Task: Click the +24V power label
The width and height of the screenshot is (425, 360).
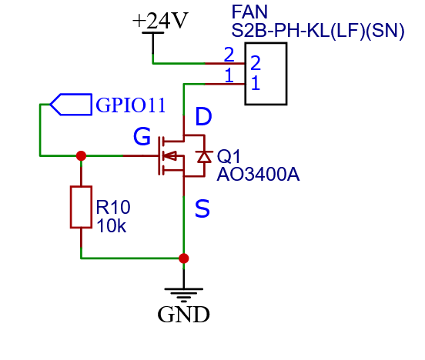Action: click(160, 21)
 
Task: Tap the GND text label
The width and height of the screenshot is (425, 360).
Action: click(183, 314)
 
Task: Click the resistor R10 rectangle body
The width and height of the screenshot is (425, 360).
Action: click(81, 207)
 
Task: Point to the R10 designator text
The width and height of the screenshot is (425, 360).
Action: click(113, 207)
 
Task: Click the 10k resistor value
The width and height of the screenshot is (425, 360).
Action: click(111, 226)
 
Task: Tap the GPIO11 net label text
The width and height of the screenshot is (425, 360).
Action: click(131, 105)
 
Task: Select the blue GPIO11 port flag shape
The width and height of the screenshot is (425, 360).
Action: click(71, 105)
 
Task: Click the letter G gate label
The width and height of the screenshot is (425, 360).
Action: click(142, 136)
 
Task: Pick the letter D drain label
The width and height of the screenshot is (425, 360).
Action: click(203, 116)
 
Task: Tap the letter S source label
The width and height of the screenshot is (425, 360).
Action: click(202, 208)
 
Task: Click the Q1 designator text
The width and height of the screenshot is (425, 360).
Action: click(229, 157)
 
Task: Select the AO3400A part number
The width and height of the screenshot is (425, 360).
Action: click(258, 175)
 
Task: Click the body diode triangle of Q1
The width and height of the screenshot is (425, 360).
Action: click(204, 157)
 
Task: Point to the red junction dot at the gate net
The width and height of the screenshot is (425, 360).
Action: click(81, 155)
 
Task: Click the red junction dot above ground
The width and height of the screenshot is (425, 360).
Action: click(184, 258)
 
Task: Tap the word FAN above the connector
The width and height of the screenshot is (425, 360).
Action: click(249, 12)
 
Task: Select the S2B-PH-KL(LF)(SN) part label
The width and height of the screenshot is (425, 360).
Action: click(318, 30)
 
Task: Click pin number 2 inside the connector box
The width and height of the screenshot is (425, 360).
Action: click(256, 63)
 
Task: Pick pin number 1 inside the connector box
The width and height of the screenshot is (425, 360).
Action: click(256, 83)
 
